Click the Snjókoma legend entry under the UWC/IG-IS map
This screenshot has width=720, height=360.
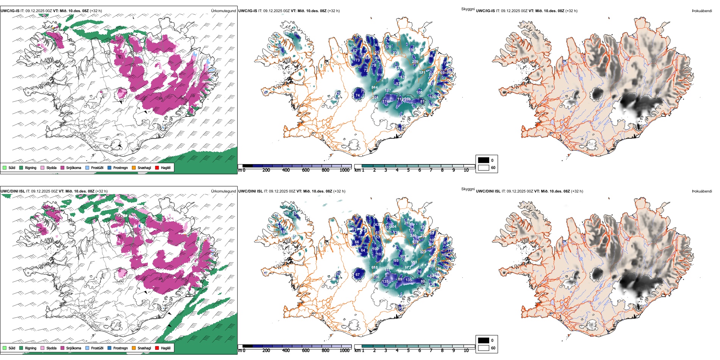[74, 167]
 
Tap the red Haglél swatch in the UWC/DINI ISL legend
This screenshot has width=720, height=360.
[157, 348]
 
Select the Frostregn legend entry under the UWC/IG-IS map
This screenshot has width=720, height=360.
[120, 167]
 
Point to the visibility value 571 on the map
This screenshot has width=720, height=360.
[422, 73]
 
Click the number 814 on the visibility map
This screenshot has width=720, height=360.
[374, 88]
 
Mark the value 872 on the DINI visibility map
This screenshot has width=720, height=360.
[408, 268]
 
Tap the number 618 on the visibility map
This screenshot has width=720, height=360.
[374, 268]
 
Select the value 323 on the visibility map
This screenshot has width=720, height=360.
[423, 252]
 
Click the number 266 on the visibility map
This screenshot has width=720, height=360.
[407, 99]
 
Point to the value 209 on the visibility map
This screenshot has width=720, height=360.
[415, 61]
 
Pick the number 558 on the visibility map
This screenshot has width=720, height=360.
[414, 262]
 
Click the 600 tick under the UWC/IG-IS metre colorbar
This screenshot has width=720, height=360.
[305, 170]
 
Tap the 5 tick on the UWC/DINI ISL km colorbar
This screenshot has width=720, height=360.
[408, 351]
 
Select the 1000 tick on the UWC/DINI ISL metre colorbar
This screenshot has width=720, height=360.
[344, 351]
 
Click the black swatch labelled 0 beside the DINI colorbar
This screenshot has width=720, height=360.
[483, 340]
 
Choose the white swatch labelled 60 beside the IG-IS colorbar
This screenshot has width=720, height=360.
[483, 167]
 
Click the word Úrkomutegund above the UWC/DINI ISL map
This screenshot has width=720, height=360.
[223, 191]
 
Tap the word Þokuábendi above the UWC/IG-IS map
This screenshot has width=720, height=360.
[702, 11]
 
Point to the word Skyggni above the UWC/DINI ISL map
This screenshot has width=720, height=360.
[468, 189]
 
